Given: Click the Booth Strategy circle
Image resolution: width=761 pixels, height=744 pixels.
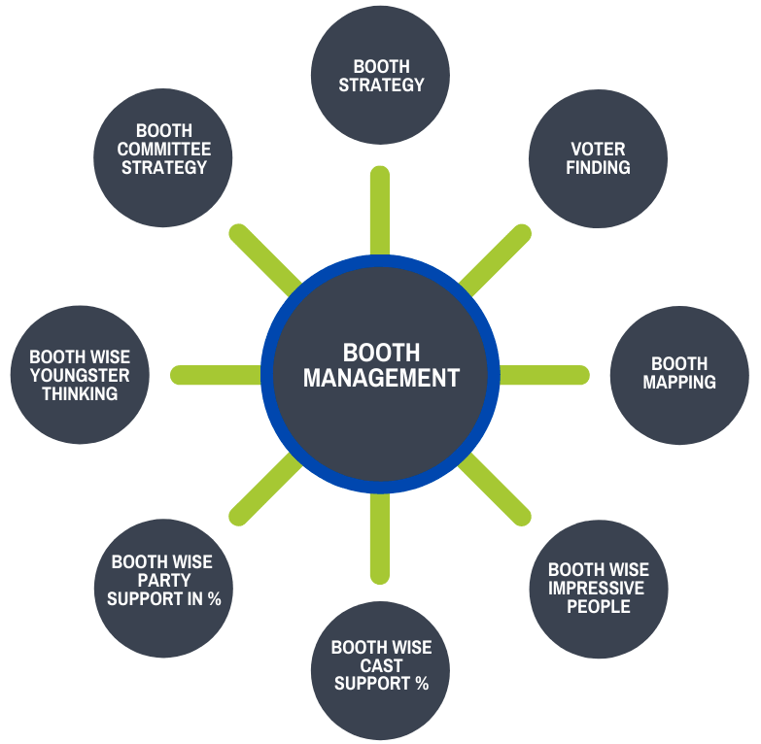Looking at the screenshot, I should [x=380, y=76].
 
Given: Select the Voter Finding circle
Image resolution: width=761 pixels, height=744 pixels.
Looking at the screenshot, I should [x=598, y=158].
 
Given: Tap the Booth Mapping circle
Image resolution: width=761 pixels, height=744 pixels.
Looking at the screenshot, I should [x=679, y=375].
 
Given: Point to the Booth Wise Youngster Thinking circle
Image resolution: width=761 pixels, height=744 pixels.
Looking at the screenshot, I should [x=80, y=375].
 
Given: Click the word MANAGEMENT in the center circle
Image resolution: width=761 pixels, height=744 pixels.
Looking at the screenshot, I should [x=381, y=379].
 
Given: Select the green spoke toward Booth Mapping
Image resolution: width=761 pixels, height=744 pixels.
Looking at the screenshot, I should [x=544, y=375].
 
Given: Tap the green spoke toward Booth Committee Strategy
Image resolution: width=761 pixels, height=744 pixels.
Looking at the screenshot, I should [x=264, y=259].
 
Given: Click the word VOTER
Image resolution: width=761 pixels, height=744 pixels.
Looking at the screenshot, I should [x=598, y=150].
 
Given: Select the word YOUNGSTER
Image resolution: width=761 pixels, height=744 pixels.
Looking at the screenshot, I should [x=80, y=376].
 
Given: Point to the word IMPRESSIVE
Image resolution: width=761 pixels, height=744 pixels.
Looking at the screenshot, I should [x=598, y=589].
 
